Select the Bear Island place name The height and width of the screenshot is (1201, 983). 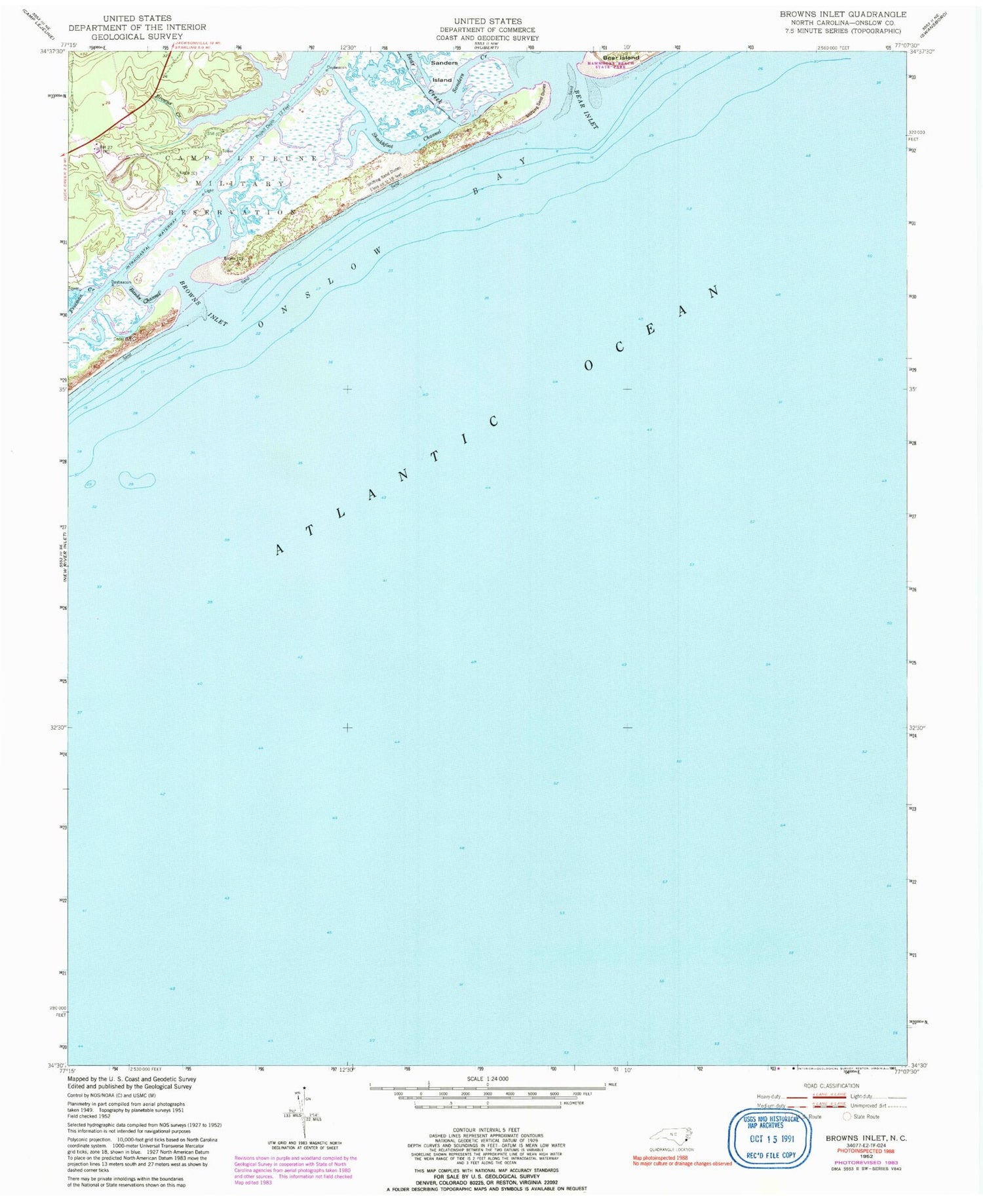click(x=621, y=58)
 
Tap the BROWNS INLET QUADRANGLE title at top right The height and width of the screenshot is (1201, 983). click(x=843, y=14)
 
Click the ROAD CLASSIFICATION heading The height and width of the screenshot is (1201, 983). click(x=831, y=1086)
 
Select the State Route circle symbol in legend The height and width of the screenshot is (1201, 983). click(x=847, y=1116)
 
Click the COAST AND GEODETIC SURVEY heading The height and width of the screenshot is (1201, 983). click(x=488, y=38)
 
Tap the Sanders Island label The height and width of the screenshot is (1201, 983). click(x=443, y=71)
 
